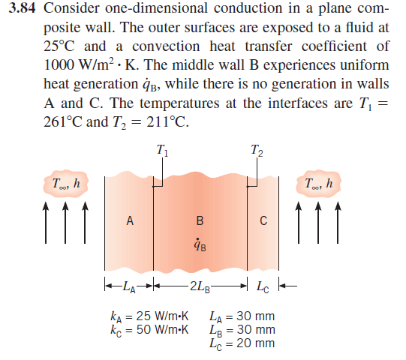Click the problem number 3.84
pyautogui.click(x=22, y=8)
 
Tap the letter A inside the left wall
pyautogui.click(x=130, y=220)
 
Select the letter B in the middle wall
pyautogui.click(x=200, y=220)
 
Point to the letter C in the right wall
pyautogui.click(x=263, y=220)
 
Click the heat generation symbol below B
pyautogui.click(x=200, y=244)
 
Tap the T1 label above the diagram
pyautogui.click(x=162, y=151)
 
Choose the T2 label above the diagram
pyautogui.click(x=257, y=151)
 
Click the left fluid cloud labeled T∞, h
pyautogui.click(x=66, y=184)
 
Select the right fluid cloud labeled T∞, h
pyautogui.click(x=318, y=184)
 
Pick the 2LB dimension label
pyautogui.click(x=200, y=286)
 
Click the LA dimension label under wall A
pyautogui.click(x=129, y=286)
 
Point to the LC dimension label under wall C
pyautogui.click(x=263, y=286)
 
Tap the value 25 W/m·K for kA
pyautogui.click(x=162, y=316)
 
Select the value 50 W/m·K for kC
pyautogui.click(x=162, y=329)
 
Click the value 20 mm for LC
pyautogui.click(x=256, y=343)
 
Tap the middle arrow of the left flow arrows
pyautogui.click(x=65, y=223)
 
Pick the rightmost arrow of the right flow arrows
pyautogui.click(x=338, y=223)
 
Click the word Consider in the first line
pyautogui.click(x=71, y=8)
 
